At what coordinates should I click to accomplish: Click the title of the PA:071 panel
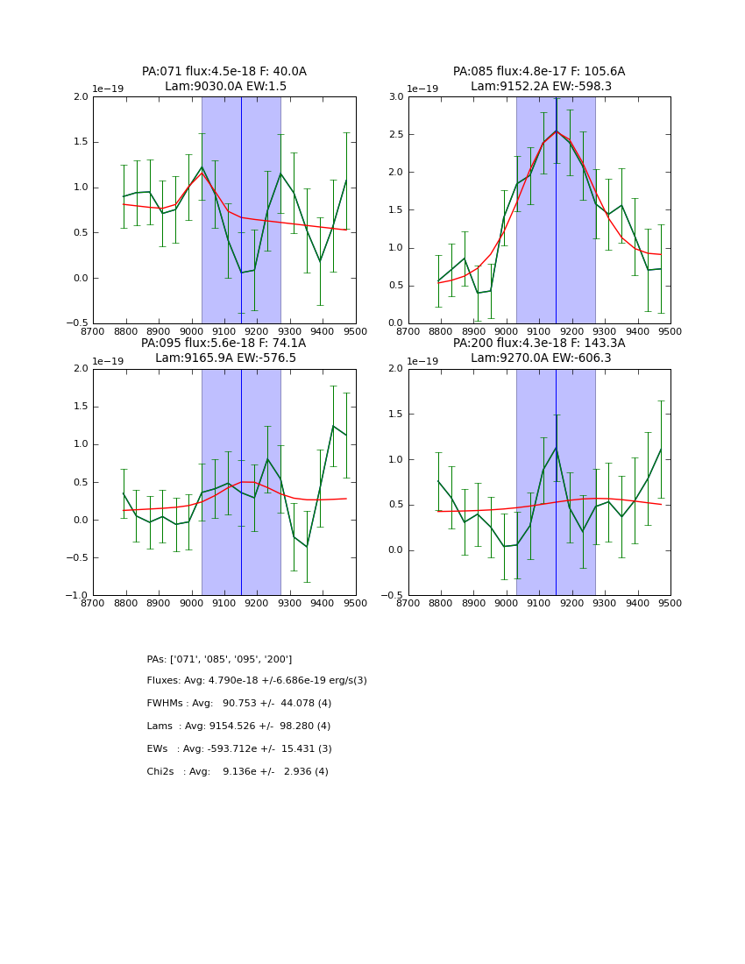[x=224, y=79]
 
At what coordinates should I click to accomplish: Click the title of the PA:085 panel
[x=539, y=79]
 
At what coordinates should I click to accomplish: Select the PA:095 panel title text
[x=224, y=351]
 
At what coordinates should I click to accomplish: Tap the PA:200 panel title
[x=539, y=351]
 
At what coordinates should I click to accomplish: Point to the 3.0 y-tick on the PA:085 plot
[x=395, y=97]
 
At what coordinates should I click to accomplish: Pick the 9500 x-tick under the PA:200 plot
[x=670, y=603]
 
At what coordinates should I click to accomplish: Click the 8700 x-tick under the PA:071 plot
[x=93, y=331]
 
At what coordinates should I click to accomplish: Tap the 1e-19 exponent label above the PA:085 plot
[x=422, y=89]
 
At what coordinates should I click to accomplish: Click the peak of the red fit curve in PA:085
[x=556, y=131]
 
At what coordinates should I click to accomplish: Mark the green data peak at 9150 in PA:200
[x=556, y=447]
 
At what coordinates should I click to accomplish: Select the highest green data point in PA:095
[x=333, y=426]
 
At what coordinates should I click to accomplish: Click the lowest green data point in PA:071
[x=241, y=273]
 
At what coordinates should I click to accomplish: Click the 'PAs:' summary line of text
[x=219, y=659]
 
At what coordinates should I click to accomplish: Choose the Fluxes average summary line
[x=257, y=681]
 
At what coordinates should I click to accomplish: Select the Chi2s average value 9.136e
[x=249, y=772]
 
